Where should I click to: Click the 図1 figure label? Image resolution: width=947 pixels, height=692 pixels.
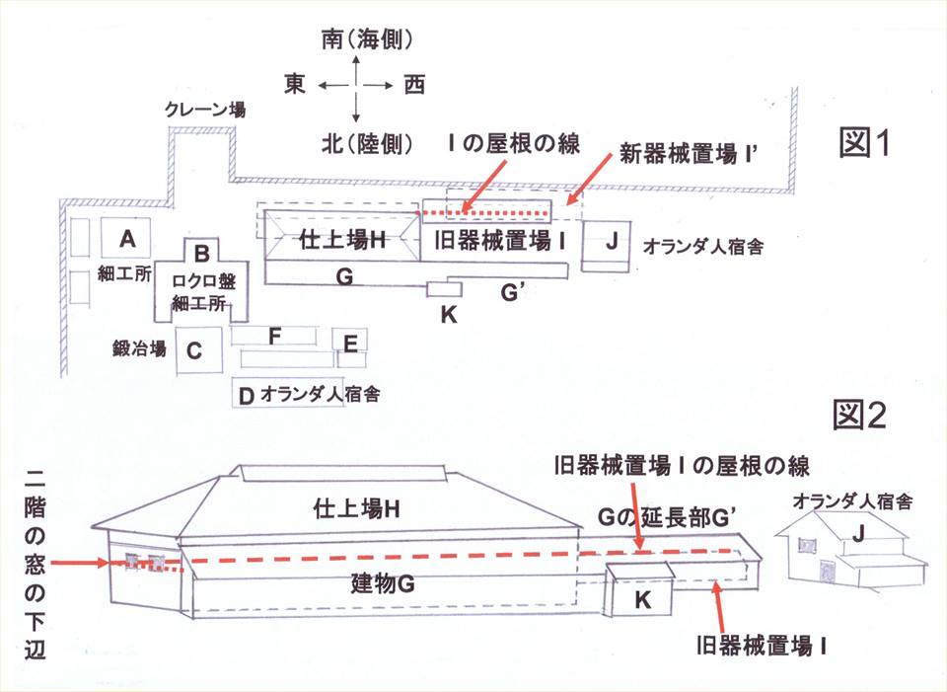864,145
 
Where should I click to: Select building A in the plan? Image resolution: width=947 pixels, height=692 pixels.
126,238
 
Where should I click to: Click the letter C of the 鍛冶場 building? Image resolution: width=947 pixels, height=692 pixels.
194,348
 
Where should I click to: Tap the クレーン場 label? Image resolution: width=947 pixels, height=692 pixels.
206,111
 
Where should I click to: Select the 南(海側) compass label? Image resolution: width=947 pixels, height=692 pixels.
366,40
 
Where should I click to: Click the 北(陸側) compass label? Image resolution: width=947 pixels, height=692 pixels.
366,144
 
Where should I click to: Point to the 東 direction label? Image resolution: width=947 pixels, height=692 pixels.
294,86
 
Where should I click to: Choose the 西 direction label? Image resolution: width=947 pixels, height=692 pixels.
414,86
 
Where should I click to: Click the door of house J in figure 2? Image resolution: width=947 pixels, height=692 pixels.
825,571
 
